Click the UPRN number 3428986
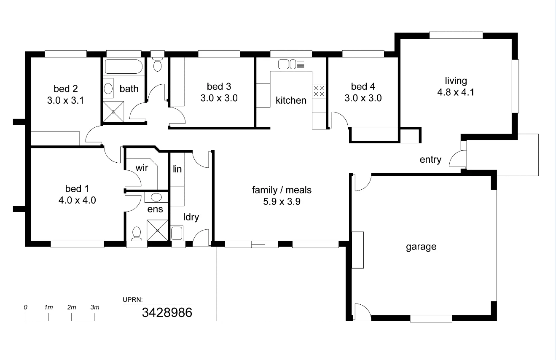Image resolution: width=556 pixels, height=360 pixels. coord(167,312)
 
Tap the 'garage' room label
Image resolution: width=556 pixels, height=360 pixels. coord(421,247)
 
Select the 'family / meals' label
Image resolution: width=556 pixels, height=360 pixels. coord(282,190)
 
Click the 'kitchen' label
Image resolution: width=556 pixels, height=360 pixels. coord(291,100)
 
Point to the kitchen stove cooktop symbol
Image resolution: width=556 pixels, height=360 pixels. coord(319,91)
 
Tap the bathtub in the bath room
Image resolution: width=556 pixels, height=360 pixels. coord(124,67)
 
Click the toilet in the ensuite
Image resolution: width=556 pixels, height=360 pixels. coord(137,234)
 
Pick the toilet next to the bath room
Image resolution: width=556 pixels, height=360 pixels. coord(158,63)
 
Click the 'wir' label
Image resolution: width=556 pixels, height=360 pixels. coord(142,168)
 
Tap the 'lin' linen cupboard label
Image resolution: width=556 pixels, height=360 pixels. coord(177,169)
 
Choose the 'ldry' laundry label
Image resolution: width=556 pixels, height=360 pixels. coord(191,217)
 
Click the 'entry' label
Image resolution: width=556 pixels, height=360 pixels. coord(430,159)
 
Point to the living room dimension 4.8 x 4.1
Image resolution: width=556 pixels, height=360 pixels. coord(456,92)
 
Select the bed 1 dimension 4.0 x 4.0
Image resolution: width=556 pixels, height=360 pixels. coord(77,200)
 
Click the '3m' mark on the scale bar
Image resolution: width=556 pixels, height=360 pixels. coord(95,307)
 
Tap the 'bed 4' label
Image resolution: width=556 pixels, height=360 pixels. coord(363,86)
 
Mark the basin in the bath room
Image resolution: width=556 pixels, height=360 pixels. coord(108,89)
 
